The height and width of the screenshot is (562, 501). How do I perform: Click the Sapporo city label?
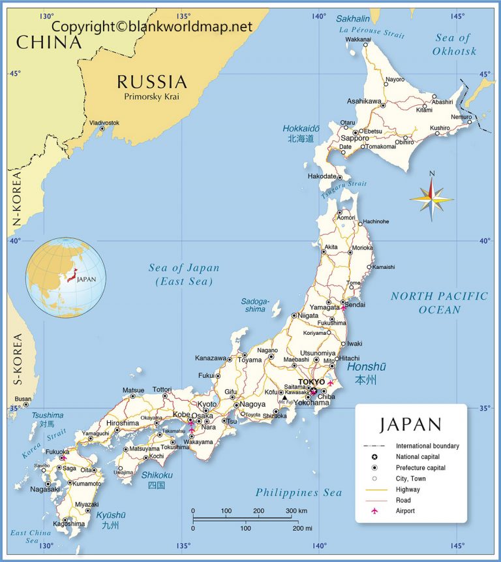[356, 138]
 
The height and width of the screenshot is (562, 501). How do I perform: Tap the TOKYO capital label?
[311, 382]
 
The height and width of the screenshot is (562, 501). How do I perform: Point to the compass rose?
[431, 195]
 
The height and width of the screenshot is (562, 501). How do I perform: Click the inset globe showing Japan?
[65, 277]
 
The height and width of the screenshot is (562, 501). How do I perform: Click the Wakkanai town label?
[358, 40]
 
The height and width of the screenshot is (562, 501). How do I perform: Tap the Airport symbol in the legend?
[374, 510]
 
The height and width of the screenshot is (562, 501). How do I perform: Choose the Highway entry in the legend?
[408, 489]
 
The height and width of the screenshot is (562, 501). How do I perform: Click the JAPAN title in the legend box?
[410, 424]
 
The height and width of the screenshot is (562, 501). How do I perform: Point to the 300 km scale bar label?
[296, 510]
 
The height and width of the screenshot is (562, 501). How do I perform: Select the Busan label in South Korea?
[23, 399]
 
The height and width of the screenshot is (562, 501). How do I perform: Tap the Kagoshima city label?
[69, 523]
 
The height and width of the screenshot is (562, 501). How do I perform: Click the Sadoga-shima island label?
[254, 305]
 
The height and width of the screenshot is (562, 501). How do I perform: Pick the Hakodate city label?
[322, 176]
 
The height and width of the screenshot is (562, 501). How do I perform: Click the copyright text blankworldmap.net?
[151, 26]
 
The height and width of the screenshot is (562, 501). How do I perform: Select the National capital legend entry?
[417, 457]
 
